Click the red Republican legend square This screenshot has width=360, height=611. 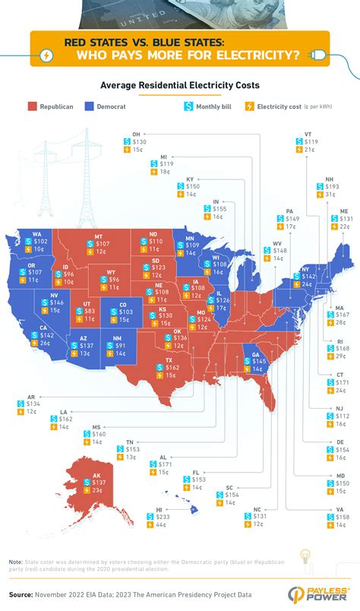click(x=33, y=107)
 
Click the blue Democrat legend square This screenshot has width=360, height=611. click(x=89, y=107)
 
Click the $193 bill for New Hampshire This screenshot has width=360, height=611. click(x=331, y=186)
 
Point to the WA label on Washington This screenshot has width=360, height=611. click(x=36, y=233)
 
